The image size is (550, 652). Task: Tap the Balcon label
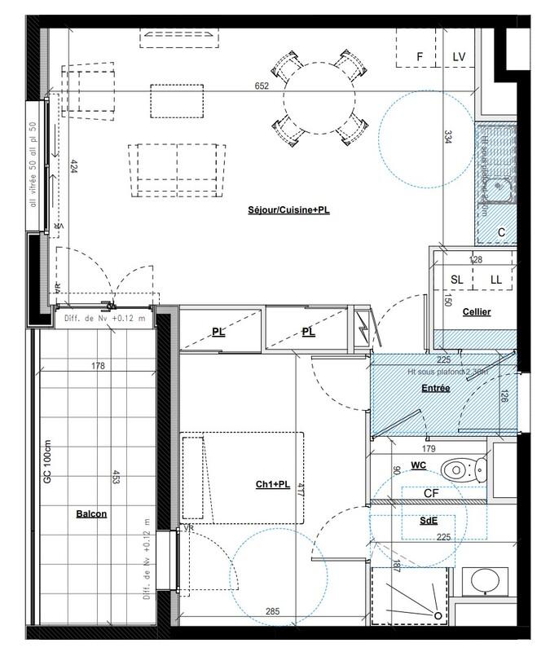click(x=91, y=514)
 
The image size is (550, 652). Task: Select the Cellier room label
click(x=477, y=312)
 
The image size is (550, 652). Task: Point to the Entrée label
click(x=436, y=389)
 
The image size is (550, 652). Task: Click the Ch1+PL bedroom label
click(x=273, y=485)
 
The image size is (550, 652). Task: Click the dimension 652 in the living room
click(x=262, y=86)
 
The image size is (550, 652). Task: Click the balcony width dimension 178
click(x=98, y=366)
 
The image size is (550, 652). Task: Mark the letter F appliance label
click(x=420, y=56)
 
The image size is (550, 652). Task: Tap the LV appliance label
click(x=459, y=56)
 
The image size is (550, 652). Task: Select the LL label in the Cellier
click(x=495, y=280)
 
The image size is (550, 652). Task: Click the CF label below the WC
click(x=432, y=494)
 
